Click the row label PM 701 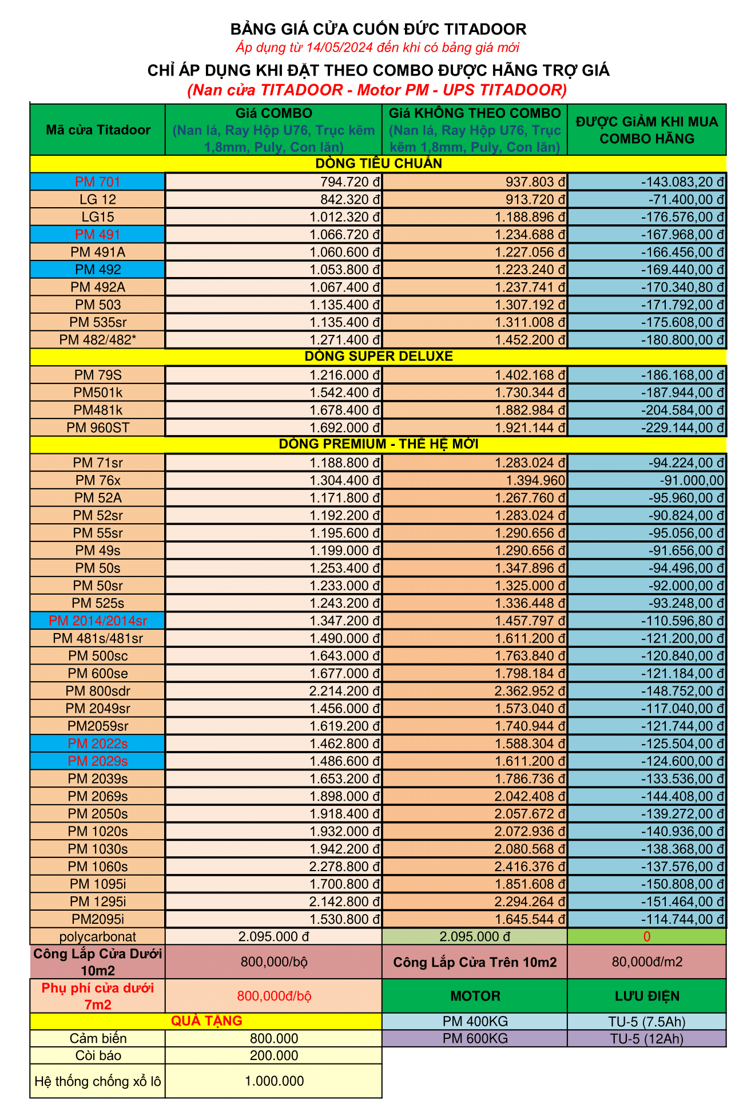pos(98,182)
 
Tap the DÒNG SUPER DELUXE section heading pos(378,357)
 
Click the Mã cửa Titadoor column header pos(98,130)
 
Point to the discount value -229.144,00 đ pos(683,428)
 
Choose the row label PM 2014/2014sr pos(98,621)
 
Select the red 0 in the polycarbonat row pos(647,937)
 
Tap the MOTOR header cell pos(475,997)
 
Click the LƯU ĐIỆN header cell pos(647,997)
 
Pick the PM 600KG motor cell pos(475,1039)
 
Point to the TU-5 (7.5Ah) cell pos(647,1022)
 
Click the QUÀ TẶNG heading pos(206,1021)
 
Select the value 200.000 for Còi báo pos(274,1056)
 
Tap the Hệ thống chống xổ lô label pos(98,1081)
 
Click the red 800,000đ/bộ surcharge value pos(274,996)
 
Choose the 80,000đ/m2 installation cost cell pos(647,962)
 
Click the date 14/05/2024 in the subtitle pos(339,48)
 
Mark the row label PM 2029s pos(98,761)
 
